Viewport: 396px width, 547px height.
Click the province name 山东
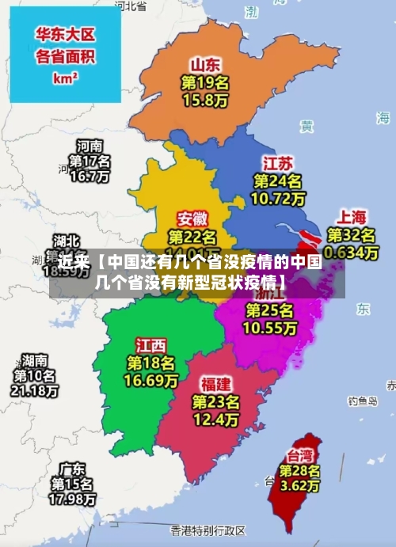pyautogui.click(x=204, y=64)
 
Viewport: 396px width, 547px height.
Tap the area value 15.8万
pyautogui.click(x=204, y=101)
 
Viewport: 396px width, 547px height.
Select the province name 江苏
pyautogui.click(x=278, y=163)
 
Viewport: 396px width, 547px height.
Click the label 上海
pyautogui.click(x=352, y=216)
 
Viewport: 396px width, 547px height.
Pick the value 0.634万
pyautogui.click(x=352, y=252)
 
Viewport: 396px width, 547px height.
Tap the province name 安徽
pyautogui.click(x=193, y=218)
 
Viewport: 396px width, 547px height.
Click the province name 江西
pyautogui.click(x=150, y=345)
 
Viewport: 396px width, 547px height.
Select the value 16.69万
pyautogui.click(x=150, y=381)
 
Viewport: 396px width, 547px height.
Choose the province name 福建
pyautogui.click(x=215, y=384)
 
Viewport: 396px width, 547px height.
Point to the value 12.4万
pyautogui.click(x=215, y=419)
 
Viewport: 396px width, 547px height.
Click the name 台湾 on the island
pyautogui.click(x=299, y=455)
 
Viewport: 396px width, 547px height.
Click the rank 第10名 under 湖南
pyautogui.click(x=34, y=375)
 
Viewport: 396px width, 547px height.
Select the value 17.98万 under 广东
pyautogui.click(x=73, y=500)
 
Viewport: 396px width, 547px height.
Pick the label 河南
pyautogui.click(x=89, y=146)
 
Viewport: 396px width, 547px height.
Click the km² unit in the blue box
pyautogui.click(x=65, y=78)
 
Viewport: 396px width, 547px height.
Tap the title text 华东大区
pyautogui.click(x=65, y=35)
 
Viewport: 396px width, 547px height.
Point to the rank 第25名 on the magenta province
pyautogui.click(x=269, y=310)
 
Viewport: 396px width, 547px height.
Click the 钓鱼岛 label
pyautogui.click(x=363, y=401)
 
